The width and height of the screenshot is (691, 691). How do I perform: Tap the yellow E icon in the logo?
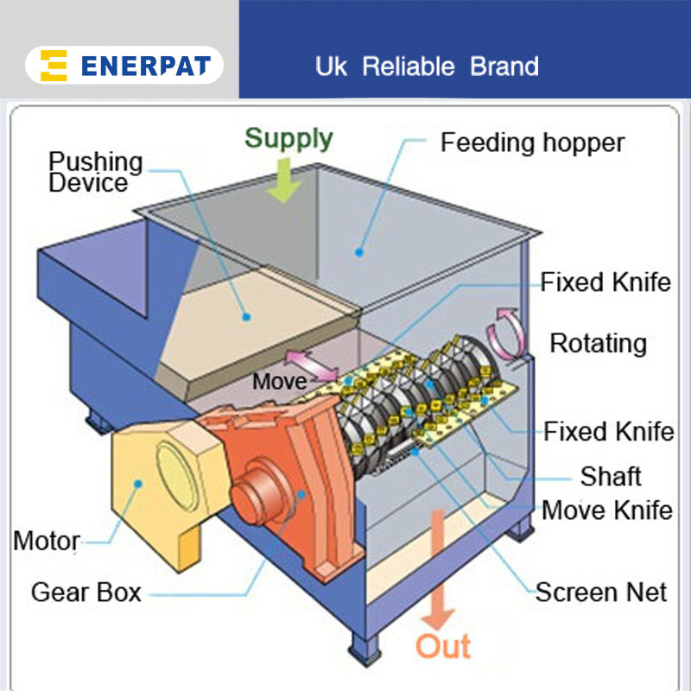coord(54,67)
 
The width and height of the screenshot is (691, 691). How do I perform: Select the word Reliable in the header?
coord(411,67)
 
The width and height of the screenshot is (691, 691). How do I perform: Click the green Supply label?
coord(288,138)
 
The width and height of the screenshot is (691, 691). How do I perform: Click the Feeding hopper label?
coord(532,143)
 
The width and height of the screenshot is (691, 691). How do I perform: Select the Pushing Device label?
coord(95,172)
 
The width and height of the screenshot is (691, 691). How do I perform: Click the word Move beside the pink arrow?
coord(278,381)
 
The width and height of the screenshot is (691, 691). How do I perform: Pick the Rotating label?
coord(598,343)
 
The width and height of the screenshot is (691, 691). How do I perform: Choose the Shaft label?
coord(610,476)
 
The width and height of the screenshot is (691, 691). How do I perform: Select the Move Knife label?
coord(606,510)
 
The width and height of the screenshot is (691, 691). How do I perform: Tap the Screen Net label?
coord(601,592)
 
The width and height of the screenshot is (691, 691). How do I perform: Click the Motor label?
coord(47,542)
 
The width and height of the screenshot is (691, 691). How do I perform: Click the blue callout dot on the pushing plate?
coord(246,317)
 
